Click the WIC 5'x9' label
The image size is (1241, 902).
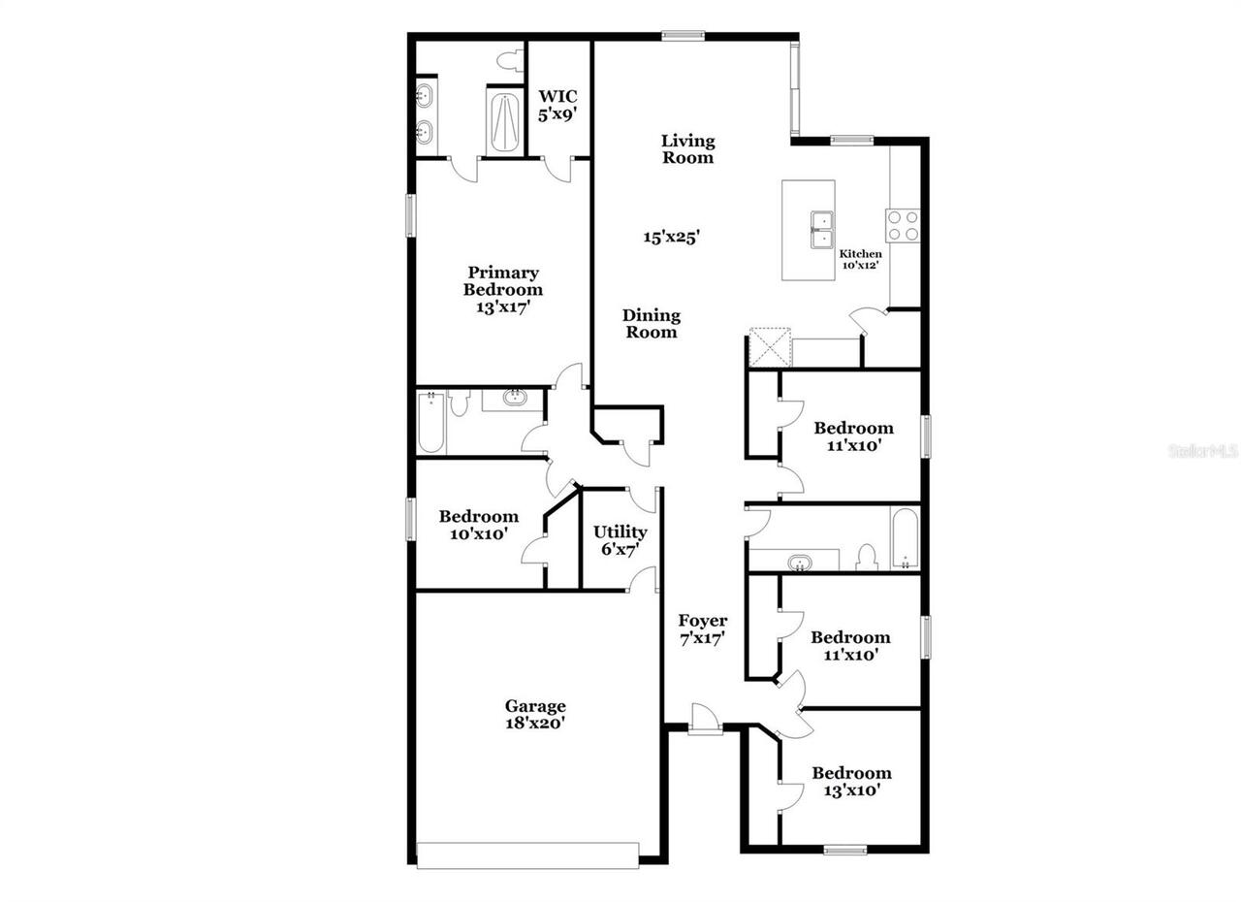pyautogui.click(x=557, y=106)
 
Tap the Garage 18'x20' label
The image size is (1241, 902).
pyautogui.click(x=535, y=714)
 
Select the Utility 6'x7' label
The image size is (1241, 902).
pyautogui.click(x=620, y=540)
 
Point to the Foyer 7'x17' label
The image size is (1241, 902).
pyautogui.click(x=703, y=629)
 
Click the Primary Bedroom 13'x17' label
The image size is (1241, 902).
pyautogui.click(x=503, y=290)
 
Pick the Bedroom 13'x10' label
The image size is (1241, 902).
pyautogui.click(x=852, y=781)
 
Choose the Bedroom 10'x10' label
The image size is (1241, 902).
pyautogui.click(x=479, y=525)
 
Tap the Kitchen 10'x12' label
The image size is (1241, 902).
pyautogui.click(x=860, y=259)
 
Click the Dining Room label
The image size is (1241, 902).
pyautogui.click(x=652, y=324)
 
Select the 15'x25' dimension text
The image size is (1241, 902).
pyautogui.click(x=672, y=237)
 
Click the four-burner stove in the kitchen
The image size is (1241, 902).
pyautogui.click(x=903, y=225)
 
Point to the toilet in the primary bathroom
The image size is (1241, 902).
pyautogui.click(x=510, y=60)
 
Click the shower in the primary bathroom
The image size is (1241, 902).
pyautogui.click(x=505, y=122)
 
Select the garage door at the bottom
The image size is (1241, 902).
pyautogui.click(x=527, y=855)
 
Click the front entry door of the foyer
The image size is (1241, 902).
pyautogui.click(x=705, y=719)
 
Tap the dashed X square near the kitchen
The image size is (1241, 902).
pyautogui.click(x=770, y=347)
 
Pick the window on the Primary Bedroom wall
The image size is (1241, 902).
pyautogui.click(x=410, y=215)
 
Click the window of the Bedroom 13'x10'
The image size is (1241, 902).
pyautogui.click(x=844, y=850)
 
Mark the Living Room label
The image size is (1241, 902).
pyautogui.click(x=688, y=149)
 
